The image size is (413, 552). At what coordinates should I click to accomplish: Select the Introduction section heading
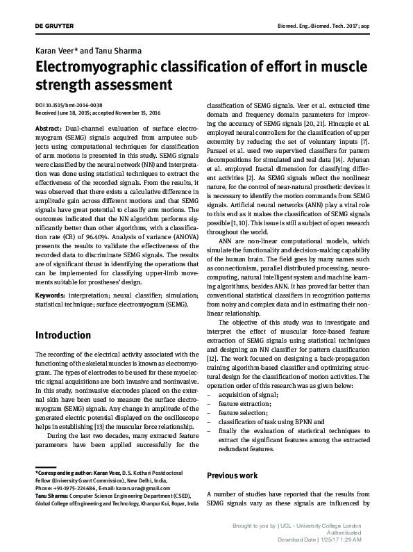(x=62, y=335)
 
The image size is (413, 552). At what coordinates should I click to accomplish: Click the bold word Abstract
(x=48, y=129)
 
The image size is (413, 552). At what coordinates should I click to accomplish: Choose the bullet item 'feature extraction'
(x=246, y=403)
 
